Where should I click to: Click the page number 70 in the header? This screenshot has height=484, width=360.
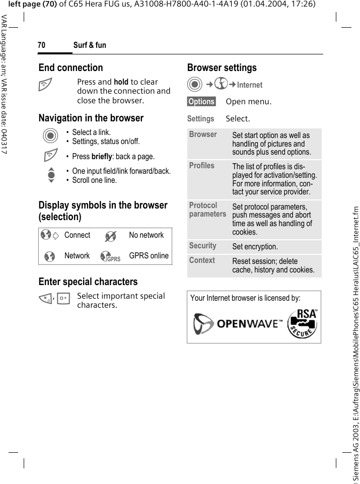41,45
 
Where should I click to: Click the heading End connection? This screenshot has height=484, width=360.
70,67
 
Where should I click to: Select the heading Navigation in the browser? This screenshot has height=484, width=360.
91,118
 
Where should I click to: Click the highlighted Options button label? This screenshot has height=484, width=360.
201,102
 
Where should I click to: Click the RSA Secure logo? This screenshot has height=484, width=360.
303,323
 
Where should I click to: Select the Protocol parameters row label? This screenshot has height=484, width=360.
207,210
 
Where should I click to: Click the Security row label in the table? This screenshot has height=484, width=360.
202,246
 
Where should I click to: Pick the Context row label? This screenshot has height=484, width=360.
202,260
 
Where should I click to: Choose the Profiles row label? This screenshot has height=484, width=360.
201,166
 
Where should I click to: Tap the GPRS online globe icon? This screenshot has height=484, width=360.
109,256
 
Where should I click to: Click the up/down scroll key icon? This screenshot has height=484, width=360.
49,175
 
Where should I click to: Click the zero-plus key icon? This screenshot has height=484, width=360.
63,299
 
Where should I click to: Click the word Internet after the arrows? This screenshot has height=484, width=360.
250,85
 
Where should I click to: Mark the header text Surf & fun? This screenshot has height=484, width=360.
90,45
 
